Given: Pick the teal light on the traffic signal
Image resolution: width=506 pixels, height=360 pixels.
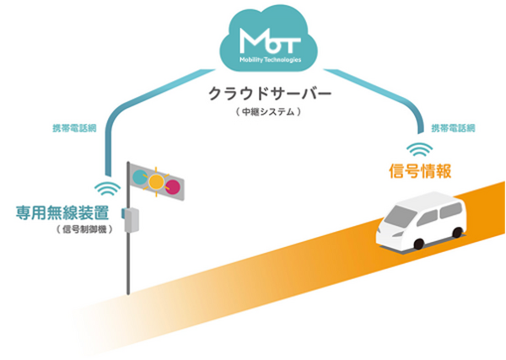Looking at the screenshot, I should coord(137,179).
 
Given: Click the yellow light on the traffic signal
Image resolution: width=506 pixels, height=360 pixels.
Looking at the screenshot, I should coord(156,180).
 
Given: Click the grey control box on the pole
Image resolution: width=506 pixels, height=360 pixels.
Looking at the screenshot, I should coord(132,218).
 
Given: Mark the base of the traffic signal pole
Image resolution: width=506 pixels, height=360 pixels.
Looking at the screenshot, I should coord(129,291).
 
